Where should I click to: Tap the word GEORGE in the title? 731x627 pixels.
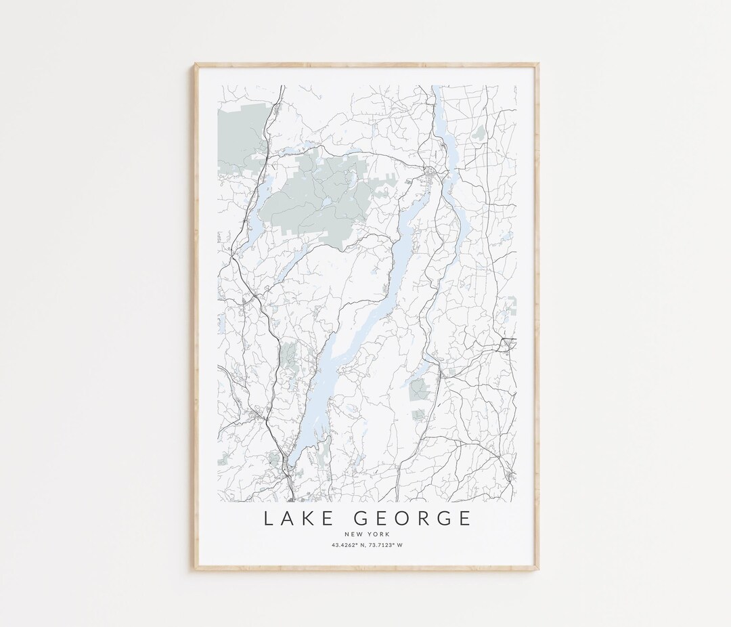413,519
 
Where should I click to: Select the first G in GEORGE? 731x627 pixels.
361,519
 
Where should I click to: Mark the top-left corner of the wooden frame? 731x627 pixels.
196,64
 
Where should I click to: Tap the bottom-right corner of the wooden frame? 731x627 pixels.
538,569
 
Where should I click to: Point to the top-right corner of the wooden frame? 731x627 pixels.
538,64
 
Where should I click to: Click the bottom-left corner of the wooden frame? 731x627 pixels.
196,569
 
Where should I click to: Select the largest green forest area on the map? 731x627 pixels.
318,196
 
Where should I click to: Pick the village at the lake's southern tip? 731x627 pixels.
289,467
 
